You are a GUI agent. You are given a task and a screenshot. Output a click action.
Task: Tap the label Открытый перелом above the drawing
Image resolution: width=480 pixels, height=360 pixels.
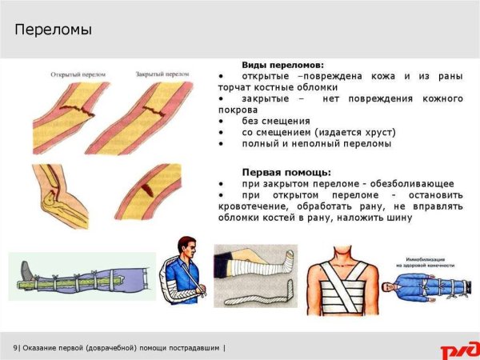74,73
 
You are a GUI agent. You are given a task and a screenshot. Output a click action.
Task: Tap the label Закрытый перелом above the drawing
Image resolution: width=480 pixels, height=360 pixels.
163,73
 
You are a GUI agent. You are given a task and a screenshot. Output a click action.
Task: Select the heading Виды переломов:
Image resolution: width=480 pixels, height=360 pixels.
283,64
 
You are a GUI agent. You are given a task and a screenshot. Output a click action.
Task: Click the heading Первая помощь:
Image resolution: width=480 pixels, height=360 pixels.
286,172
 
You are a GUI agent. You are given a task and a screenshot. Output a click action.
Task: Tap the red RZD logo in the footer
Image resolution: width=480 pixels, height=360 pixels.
458,350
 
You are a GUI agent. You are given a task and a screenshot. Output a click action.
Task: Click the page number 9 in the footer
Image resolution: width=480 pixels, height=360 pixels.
15,347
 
